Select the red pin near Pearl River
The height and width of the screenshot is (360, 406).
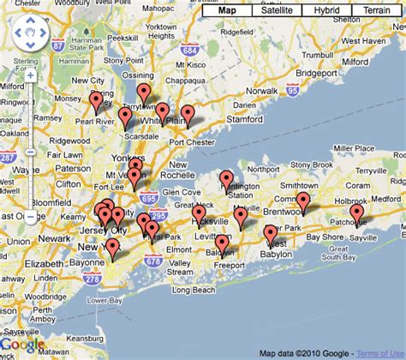point(96,101)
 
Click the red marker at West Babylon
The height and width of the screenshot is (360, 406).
point(271,233)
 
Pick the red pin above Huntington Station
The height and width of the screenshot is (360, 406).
point(227,179)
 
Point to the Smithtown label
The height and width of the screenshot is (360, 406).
point(300,184)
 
